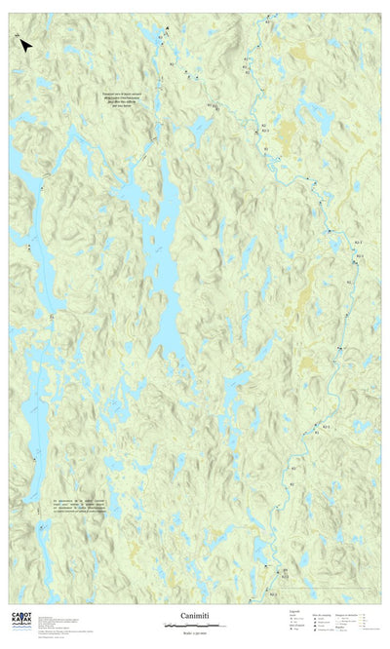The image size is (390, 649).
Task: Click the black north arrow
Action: pyautogui.click(x=25, y=43)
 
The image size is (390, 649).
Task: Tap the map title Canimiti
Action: pyautogui.click(x=194, y=616)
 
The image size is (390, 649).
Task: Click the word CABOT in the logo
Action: pyautogui.click(x=21, y=614)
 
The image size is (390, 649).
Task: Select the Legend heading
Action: pyautogui.click(x=294, y=611)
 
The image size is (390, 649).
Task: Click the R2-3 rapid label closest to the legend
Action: pyautogui.click(x=275, y=592)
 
